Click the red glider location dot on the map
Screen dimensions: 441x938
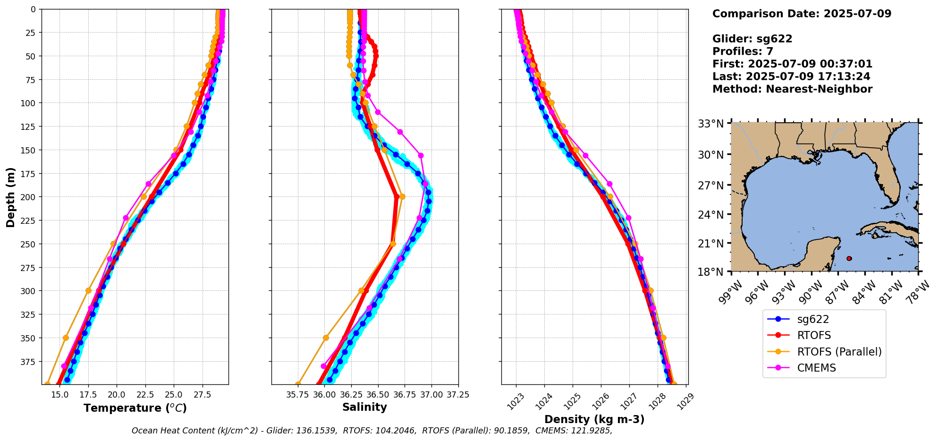849,258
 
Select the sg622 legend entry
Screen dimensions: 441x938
813,319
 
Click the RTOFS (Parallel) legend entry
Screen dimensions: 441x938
839,352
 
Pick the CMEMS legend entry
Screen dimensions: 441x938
816,368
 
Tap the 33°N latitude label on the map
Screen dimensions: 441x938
711,124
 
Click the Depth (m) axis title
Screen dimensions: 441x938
10,197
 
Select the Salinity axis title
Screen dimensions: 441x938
364,407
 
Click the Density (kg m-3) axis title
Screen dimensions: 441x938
594,419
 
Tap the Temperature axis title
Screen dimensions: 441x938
135,408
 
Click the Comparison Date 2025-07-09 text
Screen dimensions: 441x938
802,14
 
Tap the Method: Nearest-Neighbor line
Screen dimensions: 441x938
792,89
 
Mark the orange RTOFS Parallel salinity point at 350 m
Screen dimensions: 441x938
326,338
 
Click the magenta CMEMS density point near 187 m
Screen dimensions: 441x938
609,184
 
